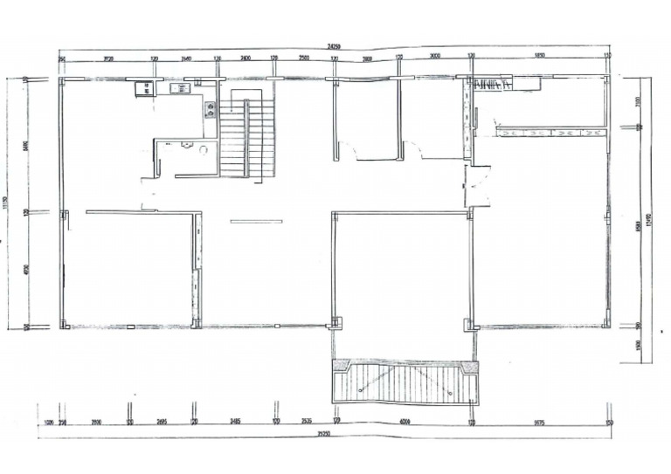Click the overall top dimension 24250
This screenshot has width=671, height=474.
[333, 44]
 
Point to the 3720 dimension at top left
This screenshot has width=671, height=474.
[108, 58]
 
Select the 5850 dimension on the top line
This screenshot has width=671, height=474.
[539, 58]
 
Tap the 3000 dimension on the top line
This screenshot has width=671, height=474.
[435, 58]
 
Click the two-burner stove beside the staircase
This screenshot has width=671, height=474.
[211, 110]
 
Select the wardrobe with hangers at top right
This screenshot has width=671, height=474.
[494, 85]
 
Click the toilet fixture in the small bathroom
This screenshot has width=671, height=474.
[203, 149]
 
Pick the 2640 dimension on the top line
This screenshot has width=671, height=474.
[185, 58]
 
